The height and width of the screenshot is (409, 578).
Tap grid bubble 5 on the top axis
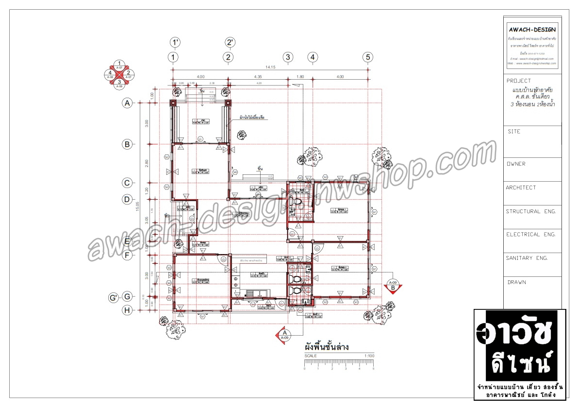[x=368, y=57]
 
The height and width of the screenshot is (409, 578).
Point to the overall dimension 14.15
[x=270, y=67]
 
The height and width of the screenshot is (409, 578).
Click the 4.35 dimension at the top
[x=258, y=76]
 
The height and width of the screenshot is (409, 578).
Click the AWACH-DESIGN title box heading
[x=532, y=30]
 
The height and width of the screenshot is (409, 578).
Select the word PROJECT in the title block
[x=518, y=81]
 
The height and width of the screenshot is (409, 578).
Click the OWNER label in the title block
[x=515, y=164]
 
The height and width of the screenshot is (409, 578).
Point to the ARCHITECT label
[x=521, y=187]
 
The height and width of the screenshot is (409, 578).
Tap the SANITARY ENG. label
[x=527, y=258]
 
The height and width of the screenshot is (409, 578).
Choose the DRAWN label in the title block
[x=516, y=282]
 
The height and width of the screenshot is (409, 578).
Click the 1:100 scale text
[x=369, y=356]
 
